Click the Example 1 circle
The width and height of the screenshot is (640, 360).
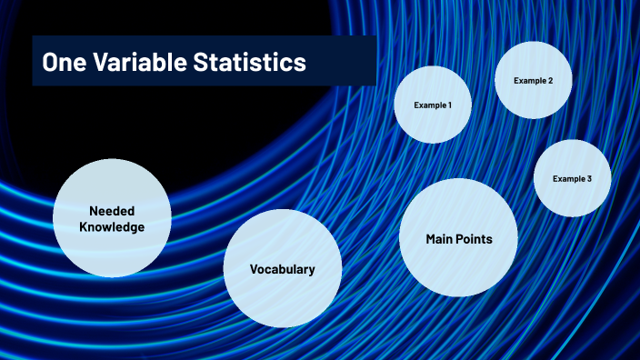click(433, 105)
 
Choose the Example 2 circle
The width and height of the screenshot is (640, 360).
click(533, 81)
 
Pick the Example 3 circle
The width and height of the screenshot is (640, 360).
click(572, 178)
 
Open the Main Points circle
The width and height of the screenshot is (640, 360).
click(459, 238)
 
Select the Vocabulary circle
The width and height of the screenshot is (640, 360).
click(283, 268)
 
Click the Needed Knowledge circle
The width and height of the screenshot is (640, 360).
click(112, 218)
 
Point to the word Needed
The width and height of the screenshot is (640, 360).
click(112, 210)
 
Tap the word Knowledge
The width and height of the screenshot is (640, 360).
click(112, 227)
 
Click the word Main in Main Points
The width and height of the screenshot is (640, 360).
click(442, 239)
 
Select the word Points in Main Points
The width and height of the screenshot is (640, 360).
click(476, 239)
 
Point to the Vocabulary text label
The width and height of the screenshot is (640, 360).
click(283, 269)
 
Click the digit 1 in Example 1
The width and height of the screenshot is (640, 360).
click(449, 105)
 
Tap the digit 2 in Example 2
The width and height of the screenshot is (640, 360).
click(549, 81)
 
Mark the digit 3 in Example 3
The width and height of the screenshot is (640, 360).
click(589, 179)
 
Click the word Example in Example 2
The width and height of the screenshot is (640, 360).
click(528, 81)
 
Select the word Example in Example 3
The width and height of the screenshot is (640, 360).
click(568, 179)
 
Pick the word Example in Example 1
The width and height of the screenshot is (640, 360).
click(429, 105)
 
